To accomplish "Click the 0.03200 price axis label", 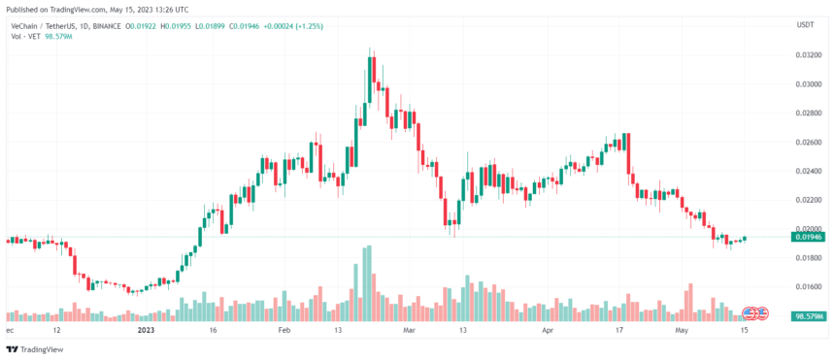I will (x=804, y=55).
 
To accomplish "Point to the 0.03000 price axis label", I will (x=804, y=84).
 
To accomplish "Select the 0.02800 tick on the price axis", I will (x=804, y=114).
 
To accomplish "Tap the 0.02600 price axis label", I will (x=804, y=143).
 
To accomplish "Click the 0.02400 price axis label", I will (x=804, y=172).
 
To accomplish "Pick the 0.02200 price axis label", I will (x=804, y=200).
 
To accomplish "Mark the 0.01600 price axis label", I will (x=804, y=286).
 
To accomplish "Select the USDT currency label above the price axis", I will (x=805, y=24).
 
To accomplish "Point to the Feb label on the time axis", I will (x=284, y=330).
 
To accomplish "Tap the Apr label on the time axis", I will (x=547, y=330).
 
